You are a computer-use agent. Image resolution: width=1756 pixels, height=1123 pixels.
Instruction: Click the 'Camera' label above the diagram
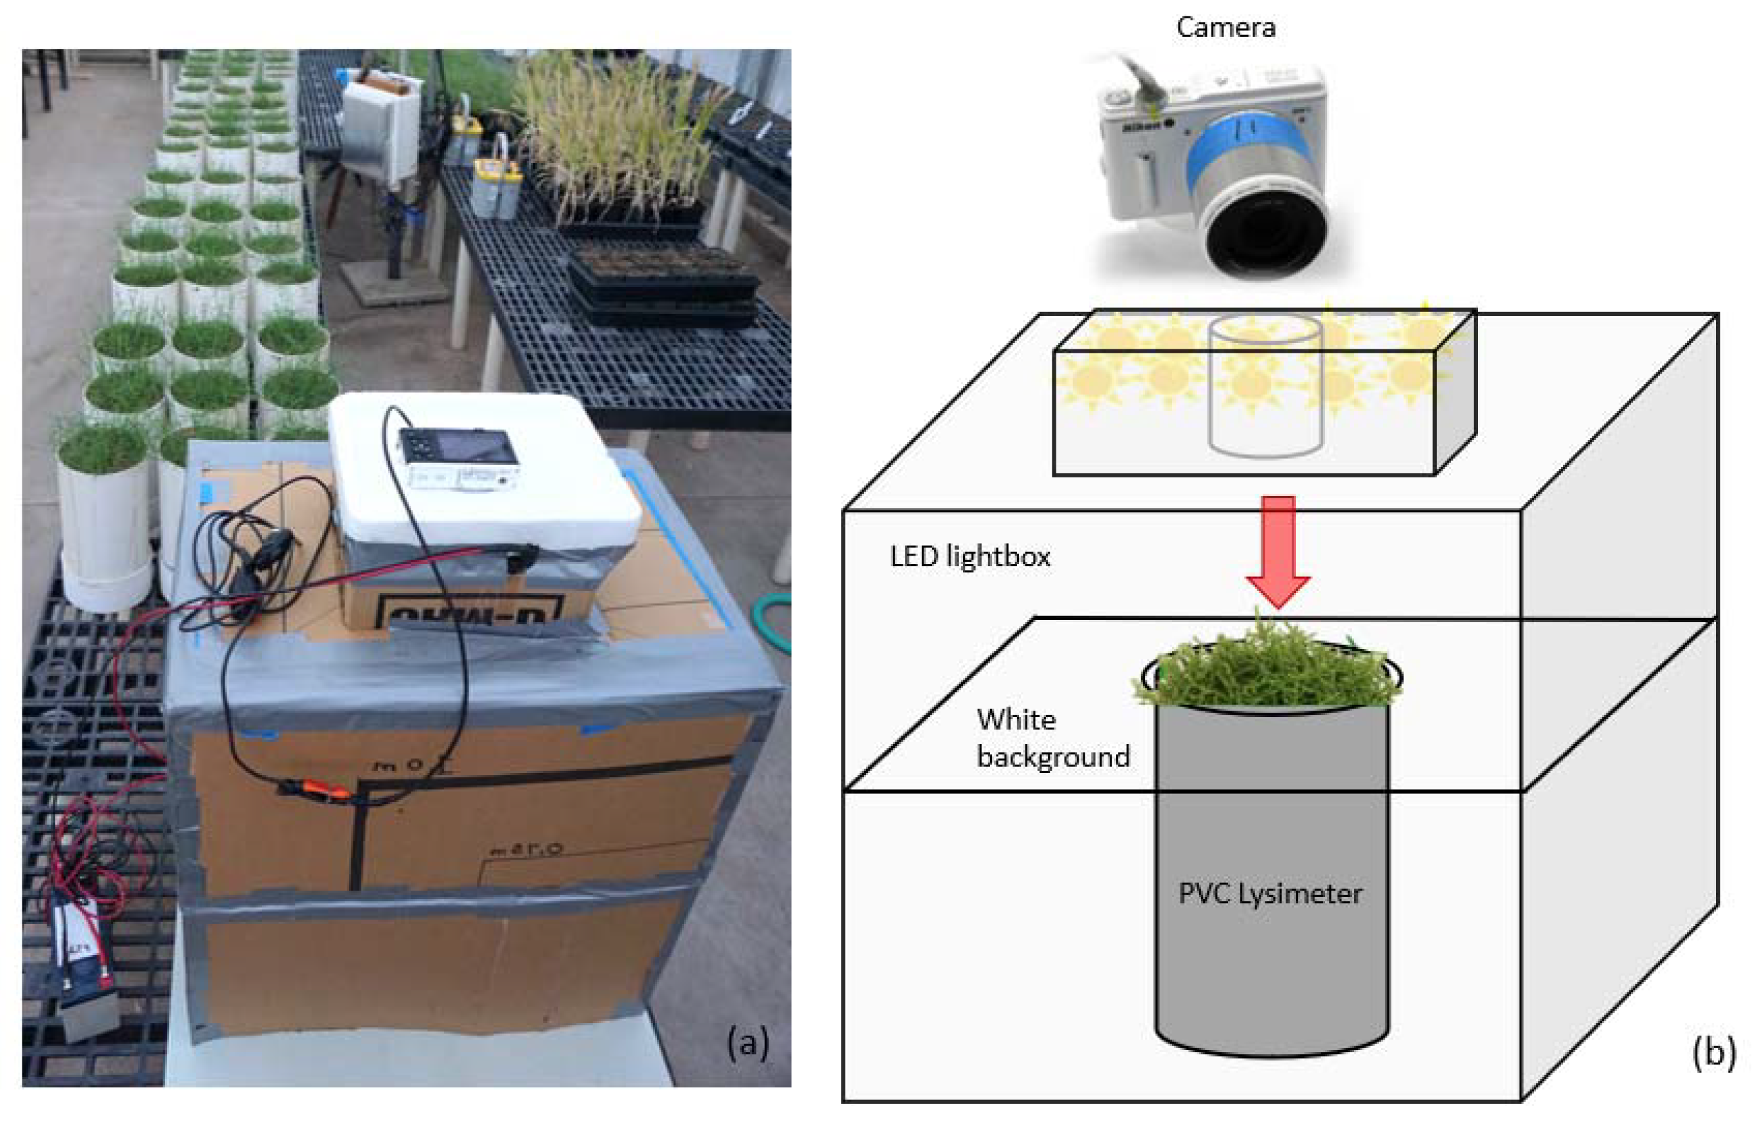(1225, 28)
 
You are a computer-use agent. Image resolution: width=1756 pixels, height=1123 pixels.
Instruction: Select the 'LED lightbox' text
(969, 557)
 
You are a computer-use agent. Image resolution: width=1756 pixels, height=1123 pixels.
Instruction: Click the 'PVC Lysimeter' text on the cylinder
(1270, 894)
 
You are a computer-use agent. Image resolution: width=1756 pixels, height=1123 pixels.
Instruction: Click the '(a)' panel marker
(747, 1043)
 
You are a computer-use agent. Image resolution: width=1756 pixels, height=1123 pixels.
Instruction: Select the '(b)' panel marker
(1714, 1052)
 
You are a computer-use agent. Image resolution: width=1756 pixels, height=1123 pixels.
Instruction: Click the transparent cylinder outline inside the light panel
(1265, 387)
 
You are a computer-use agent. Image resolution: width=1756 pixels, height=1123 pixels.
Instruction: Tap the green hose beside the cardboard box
(775, 620)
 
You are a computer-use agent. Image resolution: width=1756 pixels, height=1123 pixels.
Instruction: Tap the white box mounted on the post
(379, 127)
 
